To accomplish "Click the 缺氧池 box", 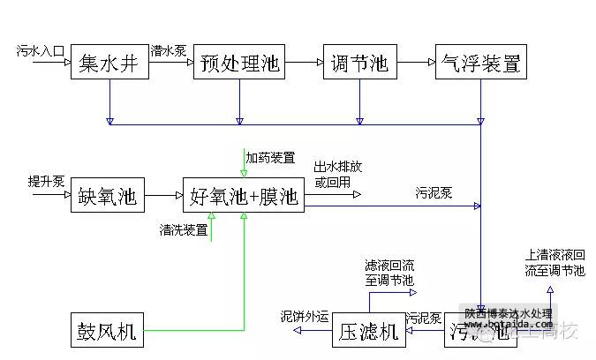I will click(x=107, y=195).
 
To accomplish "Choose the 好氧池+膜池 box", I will click(x=244, y=195).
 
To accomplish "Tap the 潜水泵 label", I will click(x=168, y=50).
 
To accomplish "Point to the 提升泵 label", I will click(x=46, y=182).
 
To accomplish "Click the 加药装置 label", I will click(x=270, y=158).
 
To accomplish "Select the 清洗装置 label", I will click(x=184, y=230).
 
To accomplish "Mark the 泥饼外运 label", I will click(x=305, y=316).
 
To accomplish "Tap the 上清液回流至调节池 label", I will click(x=555, y=262).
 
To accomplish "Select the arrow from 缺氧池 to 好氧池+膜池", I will click(x=162, y=195).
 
